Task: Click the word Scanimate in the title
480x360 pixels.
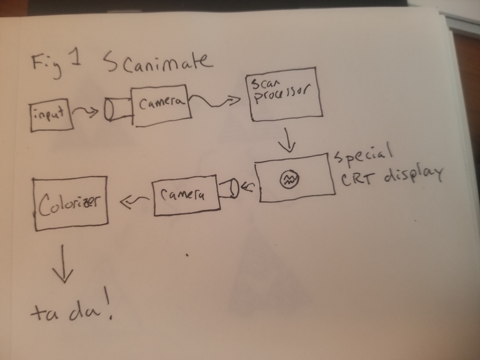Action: [158, 62]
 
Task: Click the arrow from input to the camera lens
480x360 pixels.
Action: [85, 112]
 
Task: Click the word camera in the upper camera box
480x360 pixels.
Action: [162, 103]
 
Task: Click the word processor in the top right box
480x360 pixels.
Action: [282, 93]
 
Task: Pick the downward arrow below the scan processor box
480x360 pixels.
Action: [288, 140]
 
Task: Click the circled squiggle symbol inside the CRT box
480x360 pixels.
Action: [289, 179]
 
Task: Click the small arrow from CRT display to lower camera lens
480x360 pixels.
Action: [248, 186]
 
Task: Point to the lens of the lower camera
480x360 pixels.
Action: [228, 188]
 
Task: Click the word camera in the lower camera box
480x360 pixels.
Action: [183, 194]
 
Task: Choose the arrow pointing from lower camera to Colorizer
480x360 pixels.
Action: [134, 202]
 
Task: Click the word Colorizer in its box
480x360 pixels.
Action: [69, 204]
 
